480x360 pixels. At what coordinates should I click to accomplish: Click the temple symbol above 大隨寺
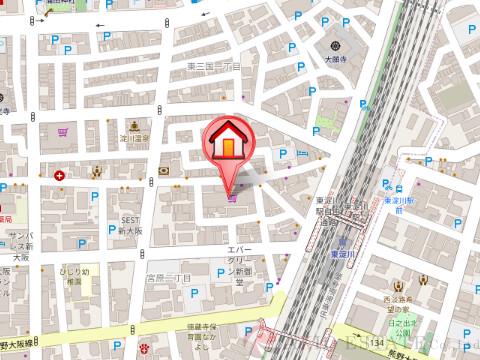pos(333,44)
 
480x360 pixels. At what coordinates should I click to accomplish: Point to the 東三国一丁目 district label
pos(215,65)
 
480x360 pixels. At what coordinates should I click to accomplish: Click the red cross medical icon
pos(61,176)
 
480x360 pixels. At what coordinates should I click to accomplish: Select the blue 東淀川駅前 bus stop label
pos(400,203)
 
